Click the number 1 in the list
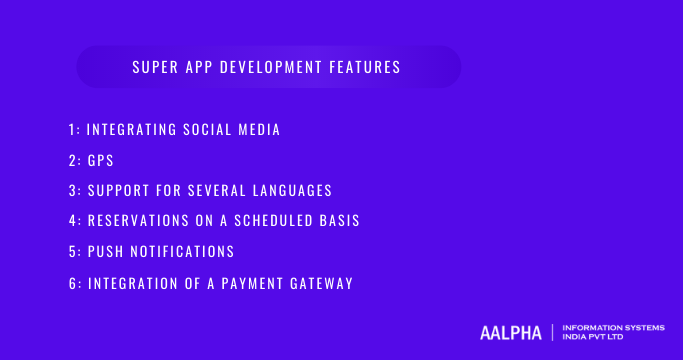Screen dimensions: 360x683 pyautogui.click(x=72, y=130)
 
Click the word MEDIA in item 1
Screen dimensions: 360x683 pyautogui.click(x=258, y=130)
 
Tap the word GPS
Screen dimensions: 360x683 pyautogui.click(x=100, y=160)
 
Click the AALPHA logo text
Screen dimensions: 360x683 pyautogui.click(x=510, y=332)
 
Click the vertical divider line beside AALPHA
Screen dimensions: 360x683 pyautogui.click(x=552, y=332)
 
